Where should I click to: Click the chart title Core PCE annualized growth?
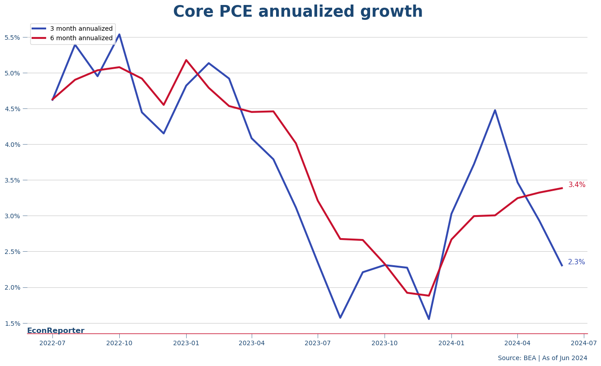[298, 12]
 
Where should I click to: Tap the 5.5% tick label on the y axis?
[12, 38]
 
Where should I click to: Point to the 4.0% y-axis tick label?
[12, 145]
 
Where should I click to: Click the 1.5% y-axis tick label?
[12, 324]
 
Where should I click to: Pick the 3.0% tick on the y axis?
[12, 216]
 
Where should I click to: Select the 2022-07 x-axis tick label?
[52, 343]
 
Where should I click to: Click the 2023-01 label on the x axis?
[186, 343]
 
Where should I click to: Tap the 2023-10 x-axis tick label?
[385, 343]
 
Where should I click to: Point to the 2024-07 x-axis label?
[584, 343]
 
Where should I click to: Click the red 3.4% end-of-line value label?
[577, 185]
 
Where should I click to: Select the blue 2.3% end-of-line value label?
[577, 262]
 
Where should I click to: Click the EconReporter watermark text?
[56, 331]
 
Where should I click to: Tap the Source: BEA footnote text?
[542, 358]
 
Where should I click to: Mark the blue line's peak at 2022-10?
[119, 34]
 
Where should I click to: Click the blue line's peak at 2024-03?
[495, 110]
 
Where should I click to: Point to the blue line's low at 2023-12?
[429, 319]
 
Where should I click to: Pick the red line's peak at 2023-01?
[186, 60]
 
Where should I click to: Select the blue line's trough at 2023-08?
[340, 318]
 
